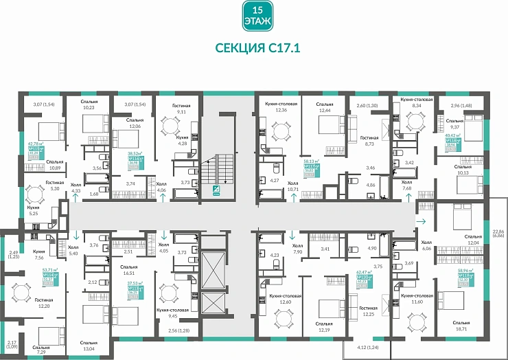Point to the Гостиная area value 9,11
(182, 111)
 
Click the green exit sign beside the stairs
(217, 192)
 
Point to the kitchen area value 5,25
(33, 213)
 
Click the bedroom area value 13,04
(88, 348)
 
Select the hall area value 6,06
(427, 247)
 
